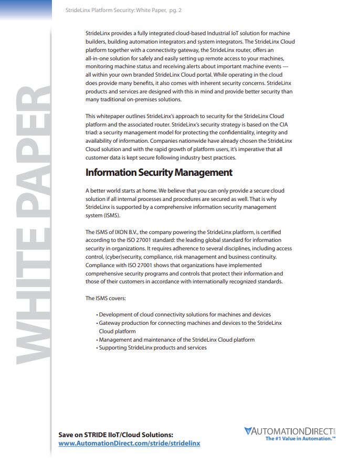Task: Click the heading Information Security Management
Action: coord(158,173)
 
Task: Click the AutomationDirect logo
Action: coord(289,431)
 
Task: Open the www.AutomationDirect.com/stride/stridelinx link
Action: coord(129,443)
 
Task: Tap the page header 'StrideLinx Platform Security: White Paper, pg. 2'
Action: coord(124,10)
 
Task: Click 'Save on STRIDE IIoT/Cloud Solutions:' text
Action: coord(115,435)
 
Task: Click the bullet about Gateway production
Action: coord(190,323)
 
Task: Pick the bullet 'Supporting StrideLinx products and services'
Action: coord(153,348)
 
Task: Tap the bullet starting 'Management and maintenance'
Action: coord(176,340)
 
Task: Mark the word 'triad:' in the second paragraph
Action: coord(93,133)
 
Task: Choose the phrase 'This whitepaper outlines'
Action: coord(115,116)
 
